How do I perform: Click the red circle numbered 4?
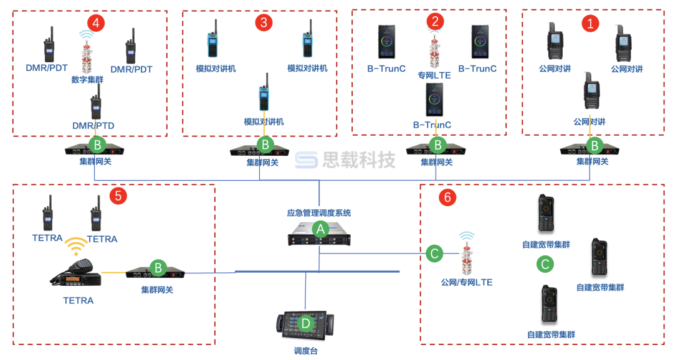pos(95,22)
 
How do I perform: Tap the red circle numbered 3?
pos(264,22)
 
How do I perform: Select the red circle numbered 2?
pos(435,21)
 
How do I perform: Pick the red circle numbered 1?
pos(590,23)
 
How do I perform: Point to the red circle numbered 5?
pos(118,196)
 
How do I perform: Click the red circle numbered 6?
pos(447,197)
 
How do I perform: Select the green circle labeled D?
pos(305,324)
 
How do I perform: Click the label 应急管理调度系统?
pos(318,213)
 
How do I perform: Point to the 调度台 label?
pos(305,351)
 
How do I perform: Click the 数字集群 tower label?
pos(88,80)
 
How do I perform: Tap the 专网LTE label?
pos(434,75)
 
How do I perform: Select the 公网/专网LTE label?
pos(466,282)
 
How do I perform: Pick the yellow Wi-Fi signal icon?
pos(76,246)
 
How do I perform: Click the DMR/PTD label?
pos(93,126)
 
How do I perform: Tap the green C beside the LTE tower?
pos(435,253)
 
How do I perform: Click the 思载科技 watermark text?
pos(358,161)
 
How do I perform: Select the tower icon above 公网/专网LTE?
pos(467,256)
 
